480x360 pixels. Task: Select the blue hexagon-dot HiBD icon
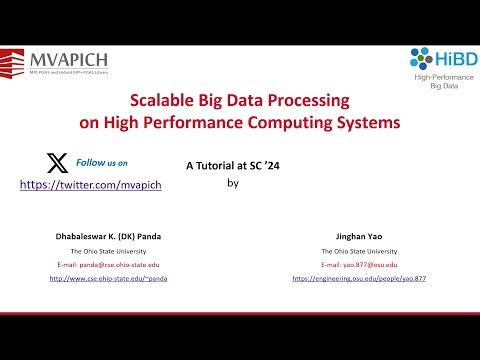click(x=420, y=59)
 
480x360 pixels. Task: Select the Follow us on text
click(x=103, y=162)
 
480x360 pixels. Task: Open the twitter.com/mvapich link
click(x=91, y=185)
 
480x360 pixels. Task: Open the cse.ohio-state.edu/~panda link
click(x=109, y=278)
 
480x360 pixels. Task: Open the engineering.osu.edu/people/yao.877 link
click(x=359, y=278)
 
